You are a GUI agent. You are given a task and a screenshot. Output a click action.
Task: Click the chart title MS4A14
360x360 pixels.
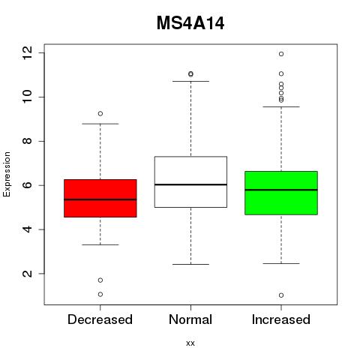[x=190, y=23]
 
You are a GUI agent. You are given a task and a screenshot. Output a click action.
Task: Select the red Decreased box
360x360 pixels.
[x=100, y=198]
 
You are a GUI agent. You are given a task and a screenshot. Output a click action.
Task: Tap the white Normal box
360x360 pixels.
[x=190, y=181]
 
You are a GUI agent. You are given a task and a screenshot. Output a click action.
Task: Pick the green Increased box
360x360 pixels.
[x=281, y=193]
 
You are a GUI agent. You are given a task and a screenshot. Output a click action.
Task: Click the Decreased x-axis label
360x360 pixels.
[x=100, y=319]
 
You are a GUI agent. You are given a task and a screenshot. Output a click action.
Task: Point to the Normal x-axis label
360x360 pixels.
[x=190, y=319]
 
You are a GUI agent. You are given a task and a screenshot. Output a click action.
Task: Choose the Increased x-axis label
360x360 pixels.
[x=281, y=319]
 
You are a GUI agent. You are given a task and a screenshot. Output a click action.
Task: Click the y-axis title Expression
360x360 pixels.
[x=7, y=174]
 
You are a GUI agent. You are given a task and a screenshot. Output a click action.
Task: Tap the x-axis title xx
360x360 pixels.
[x=190, y=343]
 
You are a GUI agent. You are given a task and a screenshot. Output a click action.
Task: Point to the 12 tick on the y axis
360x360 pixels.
[x=27, y=52]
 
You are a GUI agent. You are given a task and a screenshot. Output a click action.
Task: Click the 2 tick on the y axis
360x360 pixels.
[x=27, y=274]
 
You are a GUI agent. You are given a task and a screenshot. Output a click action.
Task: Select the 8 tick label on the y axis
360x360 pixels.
[x=27, y=141]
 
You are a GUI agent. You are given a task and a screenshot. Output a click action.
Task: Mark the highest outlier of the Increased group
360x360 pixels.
[x=281, y=54]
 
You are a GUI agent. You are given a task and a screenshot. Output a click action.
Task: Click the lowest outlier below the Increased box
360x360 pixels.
[x=281, y=295]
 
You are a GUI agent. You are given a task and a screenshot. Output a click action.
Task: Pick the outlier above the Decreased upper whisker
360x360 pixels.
[x=100, y=113]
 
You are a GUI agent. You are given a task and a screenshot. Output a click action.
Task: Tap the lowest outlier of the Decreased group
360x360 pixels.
[x=100, y=294]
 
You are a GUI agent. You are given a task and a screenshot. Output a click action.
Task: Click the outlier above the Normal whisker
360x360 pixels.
[x=190, y=74]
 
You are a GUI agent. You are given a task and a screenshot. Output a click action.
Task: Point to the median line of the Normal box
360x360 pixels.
[x=190, y=184]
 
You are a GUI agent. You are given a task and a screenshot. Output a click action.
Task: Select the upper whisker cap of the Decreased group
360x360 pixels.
[x=100, y=124]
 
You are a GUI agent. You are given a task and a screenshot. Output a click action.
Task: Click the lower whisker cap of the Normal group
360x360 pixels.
[x=190, y=264]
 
